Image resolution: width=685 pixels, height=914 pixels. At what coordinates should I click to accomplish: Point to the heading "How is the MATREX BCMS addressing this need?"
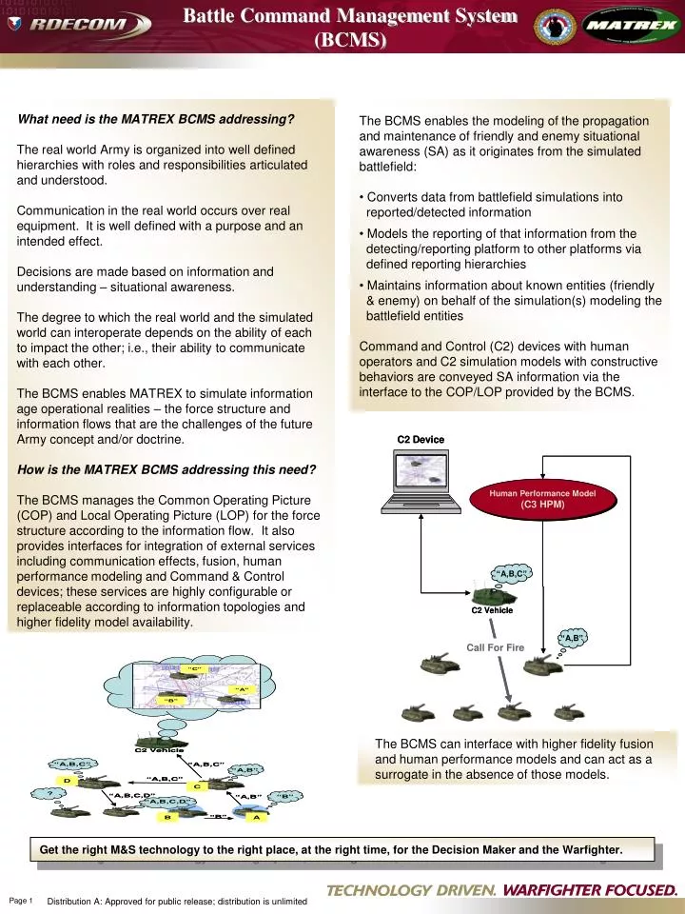click(166, 469)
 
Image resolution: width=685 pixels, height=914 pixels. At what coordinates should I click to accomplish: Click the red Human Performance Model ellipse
click(542, 499)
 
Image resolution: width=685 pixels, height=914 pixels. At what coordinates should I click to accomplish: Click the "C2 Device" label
click(421, 439)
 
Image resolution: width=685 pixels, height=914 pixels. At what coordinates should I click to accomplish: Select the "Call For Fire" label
click(495, 647)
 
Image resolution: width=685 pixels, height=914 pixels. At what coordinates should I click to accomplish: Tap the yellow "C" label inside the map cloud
click(194, 669)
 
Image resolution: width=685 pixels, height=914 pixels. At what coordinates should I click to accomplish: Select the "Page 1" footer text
click(21, 901)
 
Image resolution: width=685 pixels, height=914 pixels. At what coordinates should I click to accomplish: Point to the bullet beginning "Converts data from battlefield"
click(495, 204)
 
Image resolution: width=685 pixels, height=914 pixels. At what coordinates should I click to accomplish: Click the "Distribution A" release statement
click(177, 902)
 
